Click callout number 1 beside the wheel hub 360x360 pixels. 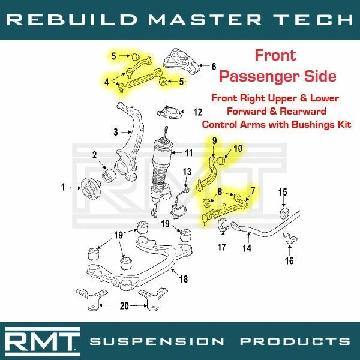(x=62, y=188)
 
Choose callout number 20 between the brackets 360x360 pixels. (x=124, y=305)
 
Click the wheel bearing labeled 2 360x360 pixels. (x=109, y=175)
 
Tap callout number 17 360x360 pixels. (x=221, y=246)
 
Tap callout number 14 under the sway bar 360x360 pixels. (x=247, y=247)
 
